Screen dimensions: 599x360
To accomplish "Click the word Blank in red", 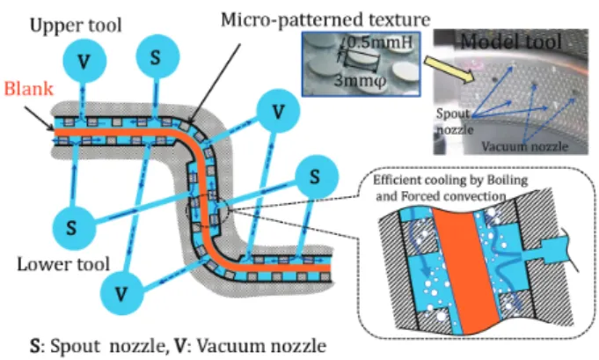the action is click(x=28, y=89).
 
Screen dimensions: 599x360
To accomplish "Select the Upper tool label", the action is click(x=76, y=26).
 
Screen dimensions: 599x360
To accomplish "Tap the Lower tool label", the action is click(x=63, y=264).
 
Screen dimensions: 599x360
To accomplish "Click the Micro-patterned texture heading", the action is click(x=325, y=19).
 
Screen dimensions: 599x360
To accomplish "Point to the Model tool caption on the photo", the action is click(x=511, y=41).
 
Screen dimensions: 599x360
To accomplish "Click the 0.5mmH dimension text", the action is click(x=380, y=42).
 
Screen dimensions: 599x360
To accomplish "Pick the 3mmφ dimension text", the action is click(x=361, y=81).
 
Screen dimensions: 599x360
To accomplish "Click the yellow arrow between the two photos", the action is click(x=449, y=70).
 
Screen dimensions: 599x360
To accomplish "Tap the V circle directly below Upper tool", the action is click(x=84, y=61).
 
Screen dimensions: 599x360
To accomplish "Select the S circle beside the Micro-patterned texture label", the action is click(x=157, y=56).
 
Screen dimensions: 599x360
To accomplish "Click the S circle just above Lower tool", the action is click(x=72, y=228).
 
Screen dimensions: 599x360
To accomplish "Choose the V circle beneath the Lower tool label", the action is click(x=122, y=293).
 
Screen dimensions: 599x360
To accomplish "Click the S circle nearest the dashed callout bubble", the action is click(x=317, y=177).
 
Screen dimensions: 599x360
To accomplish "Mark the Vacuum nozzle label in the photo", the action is click(x=525, y=146).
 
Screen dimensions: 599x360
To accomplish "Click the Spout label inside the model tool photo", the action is click(x=453, y=114).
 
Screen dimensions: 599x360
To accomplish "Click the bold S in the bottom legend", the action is click(x=35, y=346).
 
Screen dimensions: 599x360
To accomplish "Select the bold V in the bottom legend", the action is click(x=179, y=346).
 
